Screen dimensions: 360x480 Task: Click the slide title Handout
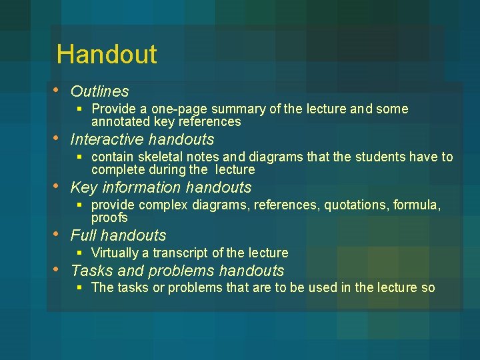click(107, 54)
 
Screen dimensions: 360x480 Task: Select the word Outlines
click(99, 91)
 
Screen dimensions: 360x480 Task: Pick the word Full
click(83, 235)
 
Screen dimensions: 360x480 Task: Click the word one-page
click(166, 109)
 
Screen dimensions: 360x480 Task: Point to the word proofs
click(109, 218)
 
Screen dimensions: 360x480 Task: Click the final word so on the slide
click(427, 288)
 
